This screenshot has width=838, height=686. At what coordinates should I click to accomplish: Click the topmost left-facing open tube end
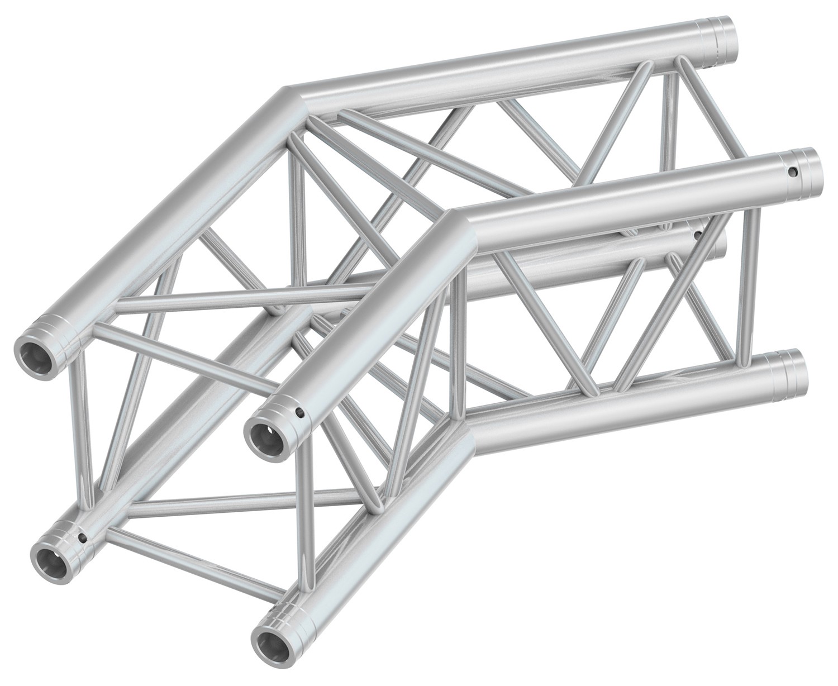pyautogui.click(x=35, y=352)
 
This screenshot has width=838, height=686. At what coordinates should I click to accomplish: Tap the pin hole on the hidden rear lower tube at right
pyautogui.click(x=697, y=236)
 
